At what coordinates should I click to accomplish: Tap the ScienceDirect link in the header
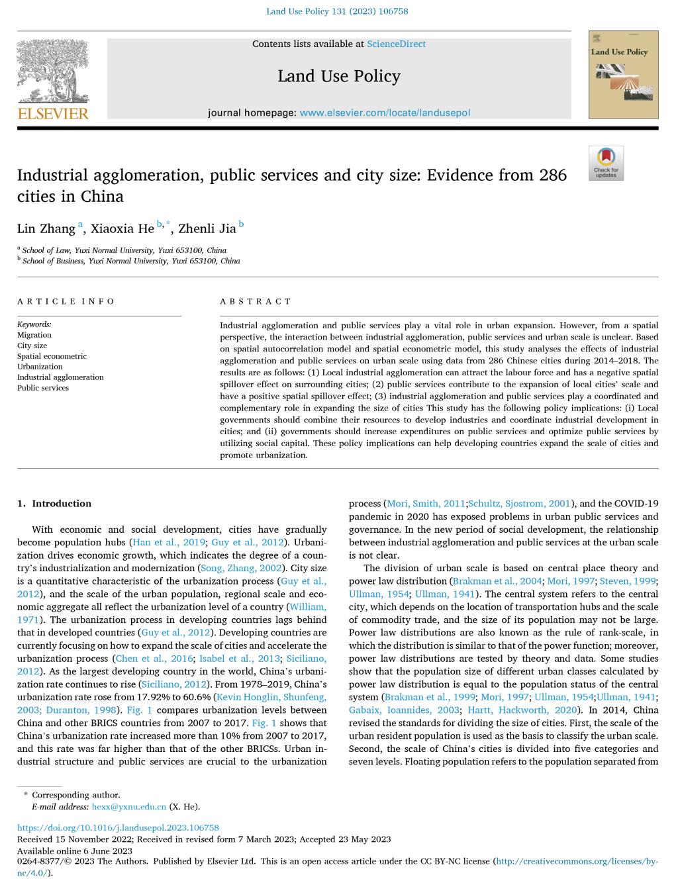point(396,44)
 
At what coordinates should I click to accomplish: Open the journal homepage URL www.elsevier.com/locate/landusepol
point(385,113)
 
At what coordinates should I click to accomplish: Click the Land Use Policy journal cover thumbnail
point(623,74)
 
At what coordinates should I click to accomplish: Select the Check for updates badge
point(606,163)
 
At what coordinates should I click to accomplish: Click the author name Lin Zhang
point(46,229)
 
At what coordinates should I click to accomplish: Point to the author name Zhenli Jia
point(207,229)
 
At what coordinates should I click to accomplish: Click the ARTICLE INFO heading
point(66,302)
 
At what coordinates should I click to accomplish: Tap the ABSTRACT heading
point(256,302)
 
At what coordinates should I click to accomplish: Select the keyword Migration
point(34,335)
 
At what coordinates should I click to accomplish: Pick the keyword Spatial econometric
point(52,356)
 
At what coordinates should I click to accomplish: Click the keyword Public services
point(43,388)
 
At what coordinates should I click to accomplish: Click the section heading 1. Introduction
point(54,504)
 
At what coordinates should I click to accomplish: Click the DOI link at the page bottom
point(118,827)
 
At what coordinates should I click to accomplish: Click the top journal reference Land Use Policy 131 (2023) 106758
point(337,11)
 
